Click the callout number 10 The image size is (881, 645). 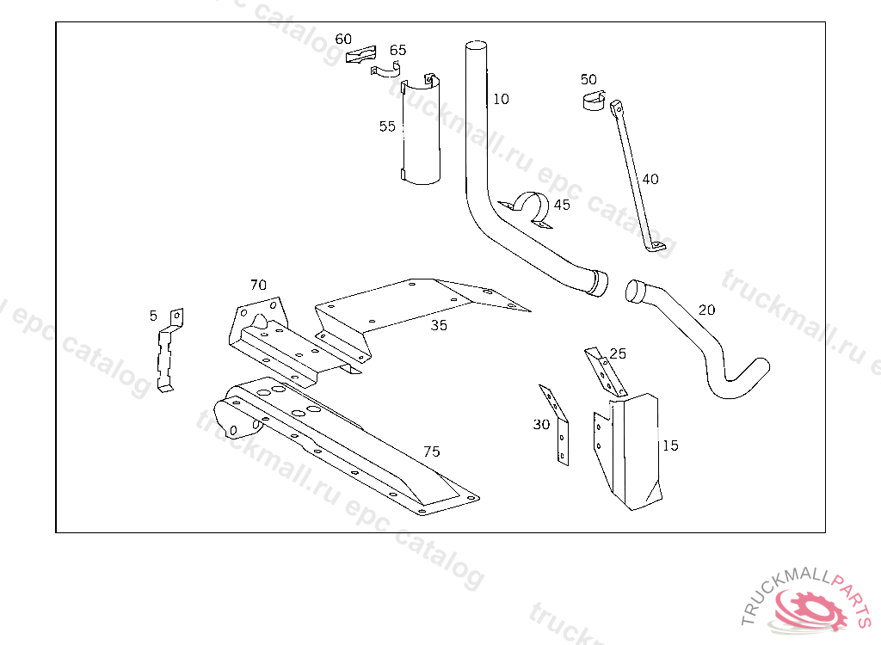click(x=501, y=99)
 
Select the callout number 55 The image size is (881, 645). click(x=387, y=126)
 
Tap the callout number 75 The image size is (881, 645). click(x=432, y=451)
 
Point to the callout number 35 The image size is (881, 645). click(x=439, y=325)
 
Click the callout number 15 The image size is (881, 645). click(x=670, y=445)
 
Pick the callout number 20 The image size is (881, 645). click(x=707, y=310)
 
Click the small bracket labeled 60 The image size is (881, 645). click(x=360, y=55)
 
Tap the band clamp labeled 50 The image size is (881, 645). click(x=594, y=100)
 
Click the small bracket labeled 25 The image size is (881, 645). click(x=605, y=372)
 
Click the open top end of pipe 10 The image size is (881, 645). click(x=477, y=46)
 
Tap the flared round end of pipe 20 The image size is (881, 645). click(x=637, y=291)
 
